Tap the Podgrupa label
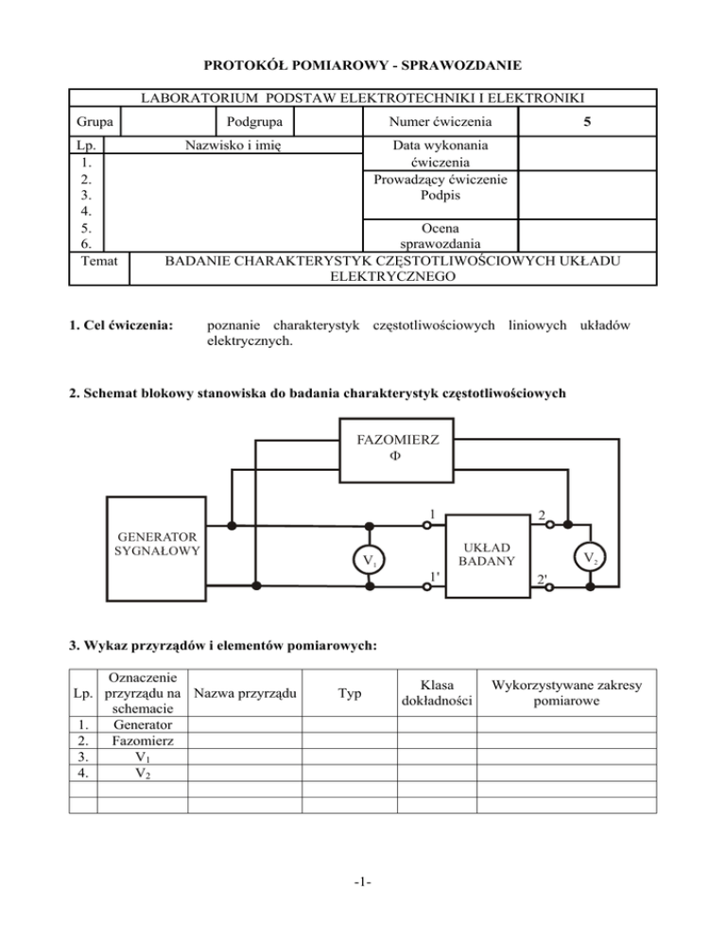coord(252,122)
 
